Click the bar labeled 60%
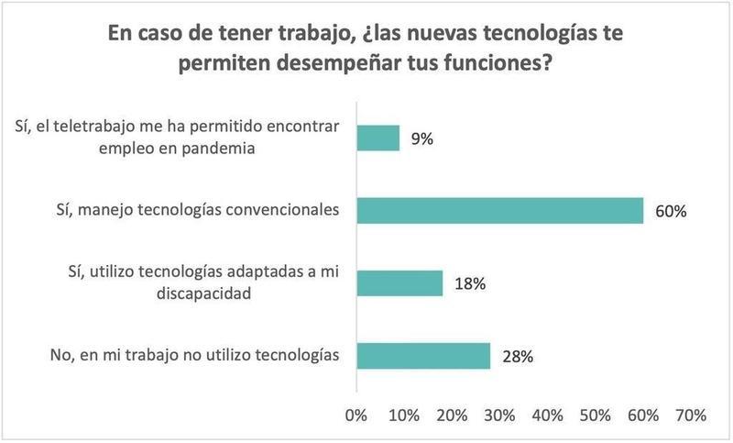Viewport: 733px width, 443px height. (499, 211)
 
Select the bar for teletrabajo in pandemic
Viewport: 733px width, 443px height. (377, 138)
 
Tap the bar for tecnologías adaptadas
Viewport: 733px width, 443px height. (399, 283)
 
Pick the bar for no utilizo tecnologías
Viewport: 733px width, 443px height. (423, 356)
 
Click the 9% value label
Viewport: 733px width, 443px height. (421, 139)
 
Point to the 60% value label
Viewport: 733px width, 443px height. (671, 212)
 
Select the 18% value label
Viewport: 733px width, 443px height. (469, 284)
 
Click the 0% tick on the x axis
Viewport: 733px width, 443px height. (356, 415)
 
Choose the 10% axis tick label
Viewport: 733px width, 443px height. (403, 415)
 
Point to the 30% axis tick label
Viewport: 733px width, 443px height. (499, 415)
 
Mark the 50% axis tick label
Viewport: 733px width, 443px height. (596, 415)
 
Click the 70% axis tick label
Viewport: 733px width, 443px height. (691, 415)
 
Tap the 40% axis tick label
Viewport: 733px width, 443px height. (548, 415)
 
